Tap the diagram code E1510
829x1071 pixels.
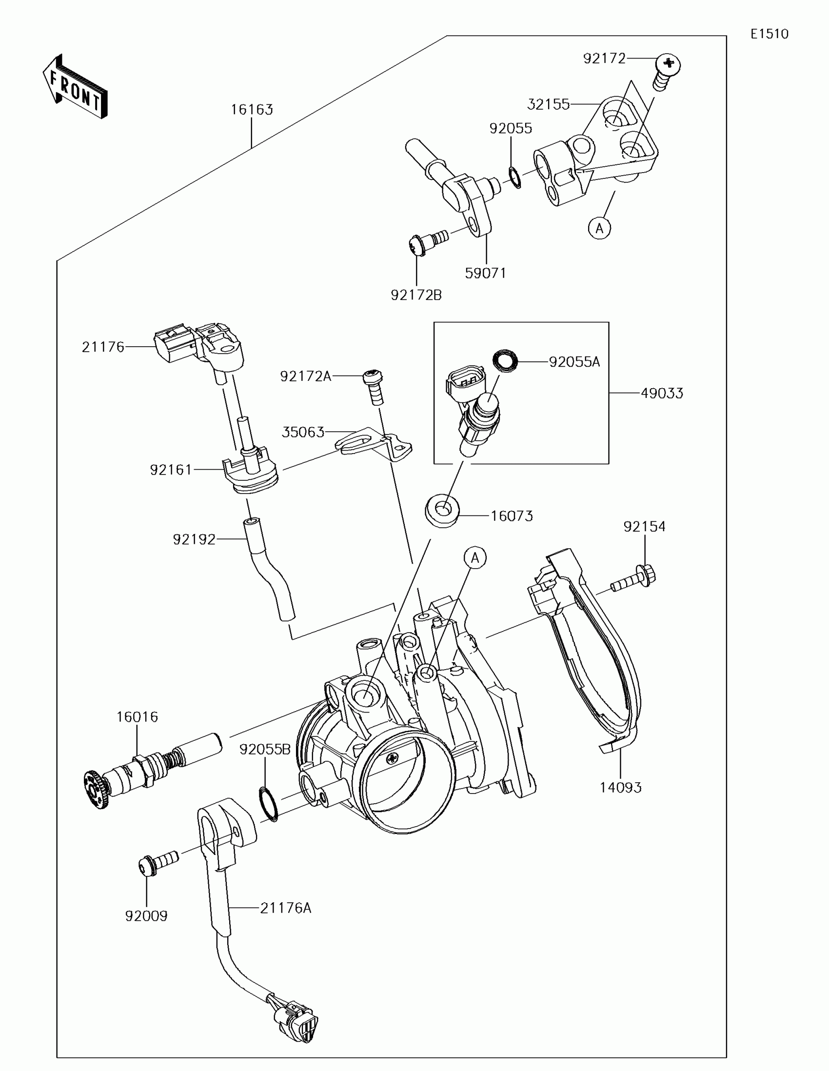tap(769, 34)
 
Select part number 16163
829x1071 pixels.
tap(252, 109)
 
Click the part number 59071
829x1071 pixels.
tap(485, 273)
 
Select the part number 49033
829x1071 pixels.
tap(662, 393)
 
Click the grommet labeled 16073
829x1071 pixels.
tap(442, 512)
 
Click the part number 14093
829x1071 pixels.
tap(620, 788)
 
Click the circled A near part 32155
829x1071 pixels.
tap(599, 228)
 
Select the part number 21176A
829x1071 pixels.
tap(285, 908)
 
